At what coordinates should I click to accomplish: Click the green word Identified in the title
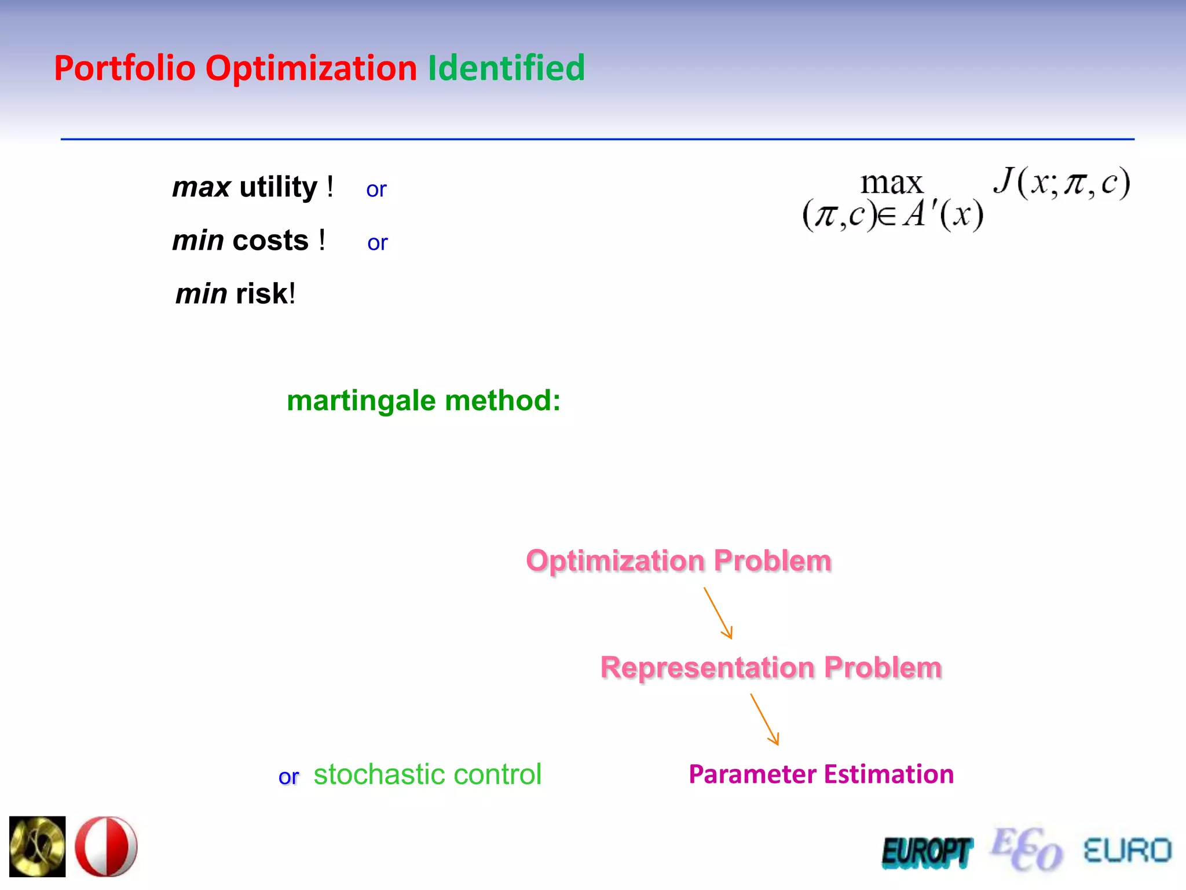[506, 68]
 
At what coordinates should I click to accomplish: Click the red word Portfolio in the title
[125, 68]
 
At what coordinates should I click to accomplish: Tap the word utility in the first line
[279, 187]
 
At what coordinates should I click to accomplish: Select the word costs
[270, 240]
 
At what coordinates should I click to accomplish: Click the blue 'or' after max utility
[376, 189]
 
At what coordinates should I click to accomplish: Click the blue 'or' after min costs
[377, 243]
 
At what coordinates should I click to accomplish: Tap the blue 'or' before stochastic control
[288, 777]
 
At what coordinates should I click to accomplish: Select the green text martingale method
[423, 400]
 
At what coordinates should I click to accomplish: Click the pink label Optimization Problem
[679, 560]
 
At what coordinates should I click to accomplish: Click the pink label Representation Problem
[771, 667]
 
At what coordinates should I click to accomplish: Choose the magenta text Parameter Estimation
[821, 774]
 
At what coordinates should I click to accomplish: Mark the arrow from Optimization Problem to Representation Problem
[719, 613]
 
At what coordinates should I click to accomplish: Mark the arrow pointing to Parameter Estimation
[765, 720]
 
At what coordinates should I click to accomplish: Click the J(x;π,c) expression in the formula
[1061, 183]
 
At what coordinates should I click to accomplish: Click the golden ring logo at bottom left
[38, 846]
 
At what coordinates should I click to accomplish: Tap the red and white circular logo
[107, 846]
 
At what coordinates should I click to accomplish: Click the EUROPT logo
[927, 852]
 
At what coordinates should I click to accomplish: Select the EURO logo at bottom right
[1127, 851]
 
